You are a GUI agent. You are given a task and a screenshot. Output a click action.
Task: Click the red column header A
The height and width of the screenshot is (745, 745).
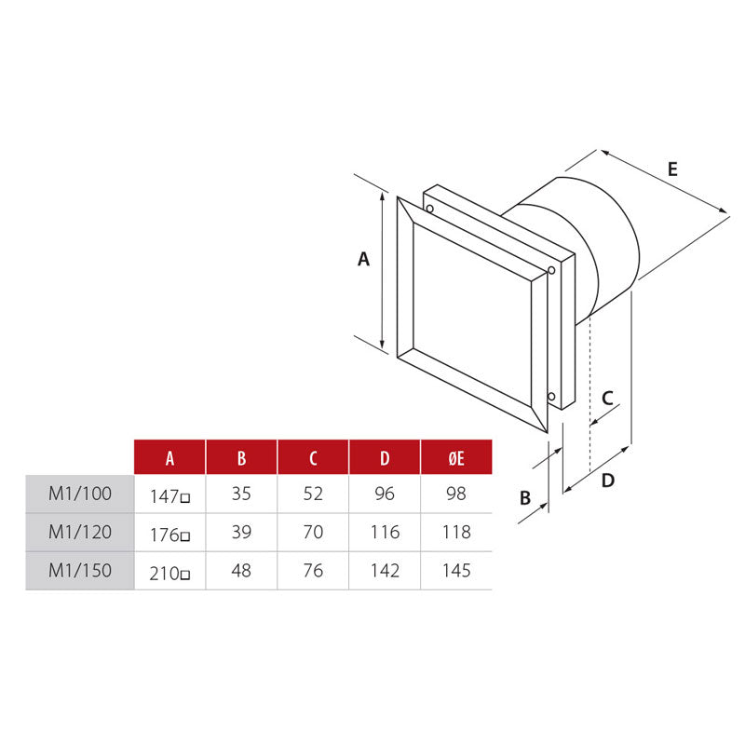(x=169, y=457)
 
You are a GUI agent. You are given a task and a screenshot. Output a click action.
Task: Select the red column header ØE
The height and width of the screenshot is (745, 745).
(x=456, y=457)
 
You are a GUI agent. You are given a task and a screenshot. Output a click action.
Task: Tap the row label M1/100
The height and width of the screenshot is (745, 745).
(x=80, y=494)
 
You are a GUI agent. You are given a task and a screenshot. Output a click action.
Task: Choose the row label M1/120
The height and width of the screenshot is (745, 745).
(x=80, y=532)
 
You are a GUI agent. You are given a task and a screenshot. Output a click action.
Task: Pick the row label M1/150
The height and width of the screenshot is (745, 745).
(x=80, y=570)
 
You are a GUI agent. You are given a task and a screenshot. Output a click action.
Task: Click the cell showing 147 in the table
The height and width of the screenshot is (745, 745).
(x=169, y=495)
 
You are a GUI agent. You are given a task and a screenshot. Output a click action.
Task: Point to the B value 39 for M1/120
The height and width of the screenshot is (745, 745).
(x=241, y=532)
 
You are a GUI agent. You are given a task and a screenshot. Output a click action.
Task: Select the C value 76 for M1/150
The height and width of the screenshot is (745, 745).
(x=313, y=570)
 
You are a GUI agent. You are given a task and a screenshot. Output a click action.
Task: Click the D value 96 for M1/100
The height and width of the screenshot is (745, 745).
(x=385, y=494)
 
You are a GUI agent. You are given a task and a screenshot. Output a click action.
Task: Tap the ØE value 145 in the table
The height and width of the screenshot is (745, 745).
(x=456, y=570)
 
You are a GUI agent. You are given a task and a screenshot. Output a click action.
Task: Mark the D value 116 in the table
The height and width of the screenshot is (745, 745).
(x=385, y=532)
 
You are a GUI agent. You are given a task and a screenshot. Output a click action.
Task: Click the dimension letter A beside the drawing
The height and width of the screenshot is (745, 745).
(x=364, y=260)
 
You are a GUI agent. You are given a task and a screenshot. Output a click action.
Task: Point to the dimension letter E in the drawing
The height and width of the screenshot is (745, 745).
(x=672, y=169)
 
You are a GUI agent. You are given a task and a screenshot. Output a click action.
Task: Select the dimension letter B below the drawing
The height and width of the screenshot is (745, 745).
(x=525, y=498)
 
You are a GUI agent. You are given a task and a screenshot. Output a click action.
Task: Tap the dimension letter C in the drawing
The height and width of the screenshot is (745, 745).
(x=607, y=398)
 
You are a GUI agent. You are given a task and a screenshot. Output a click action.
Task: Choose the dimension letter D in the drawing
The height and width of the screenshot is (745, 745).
(x=607, y=481)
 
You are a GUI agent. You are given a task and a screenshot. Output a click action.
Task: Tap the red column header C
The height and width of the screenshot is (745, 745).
(x=313, y=457)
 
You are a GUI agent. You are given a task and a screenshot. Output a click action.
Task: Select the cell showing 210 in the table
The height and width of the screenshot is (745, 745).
(x=169, y=572)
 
